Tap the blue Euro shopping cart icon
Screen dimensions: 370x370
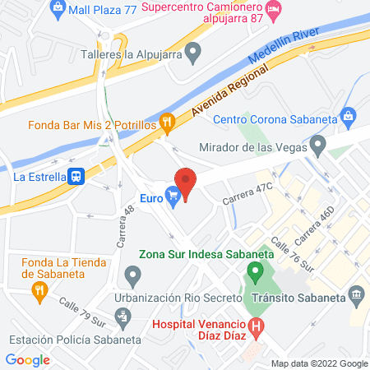tap(172, 196)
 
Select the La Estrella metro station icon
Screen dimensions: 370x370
tap(76, 175)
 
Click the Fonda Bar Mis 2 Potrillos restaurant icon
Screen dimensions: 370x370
tap(167, 124)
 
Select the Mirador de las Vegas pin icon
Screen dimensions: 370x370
tap(319, 148)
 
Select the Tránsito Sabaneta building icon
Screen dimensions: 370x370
tap(357, 294)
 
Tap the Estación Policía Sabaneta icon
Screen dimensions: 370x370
tap(123, 316)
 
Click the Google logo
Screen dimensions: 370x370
tap(28, 359)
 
